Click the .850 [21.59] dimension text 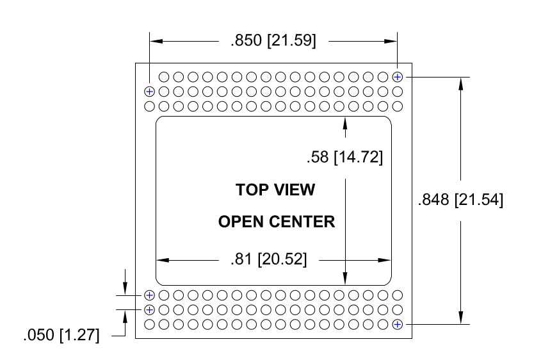point(273,40)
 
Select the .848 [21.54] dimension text point(460,200)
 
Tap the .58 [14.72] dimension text point(344,158)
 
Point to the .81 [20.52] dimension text point(268,259)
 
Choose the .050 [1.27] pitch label point(61,335)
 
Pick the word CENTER point(302,222)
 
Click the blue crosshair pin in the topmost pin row point(398,77)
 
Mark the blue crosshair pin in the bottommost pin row point(398,325)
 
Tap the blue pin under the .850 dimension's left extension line point(149,92)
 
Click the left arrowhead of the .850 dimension point(156,41)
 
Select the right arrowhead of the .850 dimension point(391,41)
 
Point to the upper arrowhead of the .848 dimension point(461,84)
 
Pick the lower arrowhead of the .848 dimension point(461,318)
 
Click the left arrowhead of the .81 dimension point(163,260)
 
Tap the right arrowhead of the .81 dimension point(385,260)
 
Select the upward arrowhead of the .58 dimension point(345,123)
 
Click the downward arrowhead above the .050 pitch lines point(125,288)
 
